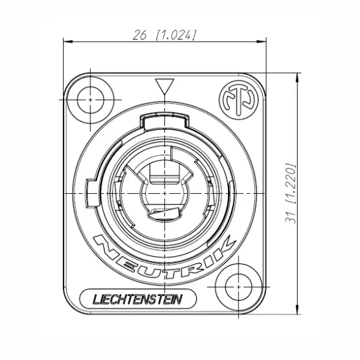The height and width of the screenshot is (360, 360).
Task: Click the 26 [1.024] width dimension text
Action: pos(165,35)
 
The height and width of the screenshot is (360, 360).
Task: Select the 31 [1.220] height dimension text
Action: pos(290,193)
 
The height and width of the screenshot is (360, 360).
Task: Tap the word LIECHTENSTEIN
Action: pos(138,299)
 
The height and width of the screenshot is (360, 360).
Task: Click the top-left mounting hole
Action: pos(90,100)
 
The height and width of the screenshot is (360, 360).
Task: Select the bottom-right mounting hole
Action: pos(239,287)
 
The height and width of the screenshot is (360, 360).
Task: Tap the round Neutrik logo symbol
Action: pos(239,100)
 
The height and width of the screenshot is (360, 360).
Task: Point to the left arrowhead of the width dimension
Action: pos(68,42)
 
